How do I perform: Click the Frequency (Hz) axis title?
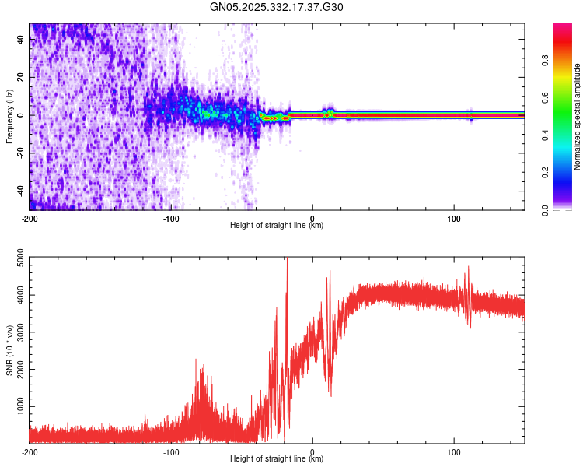coord(9,115)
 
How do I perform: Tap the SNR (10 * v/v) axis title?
coord(9,349)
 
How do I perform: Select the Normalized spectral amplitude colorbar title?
coord(578,117)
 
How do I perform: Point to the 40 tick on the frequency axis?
coord(22,40)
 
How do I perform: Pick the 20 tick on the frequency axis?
coord(22,77)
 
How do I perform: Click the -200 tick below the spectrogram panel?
coord(30,218)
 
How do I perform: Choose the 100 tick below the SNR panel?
coord(454,451)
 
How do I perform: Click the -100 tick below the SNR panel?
coord(171,451)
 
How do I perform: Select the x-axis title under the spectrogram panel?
coord(277,226)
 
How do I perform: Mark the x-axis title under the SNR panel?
coord(277,459)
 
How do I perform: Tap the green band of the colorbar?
coord(563,117)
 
